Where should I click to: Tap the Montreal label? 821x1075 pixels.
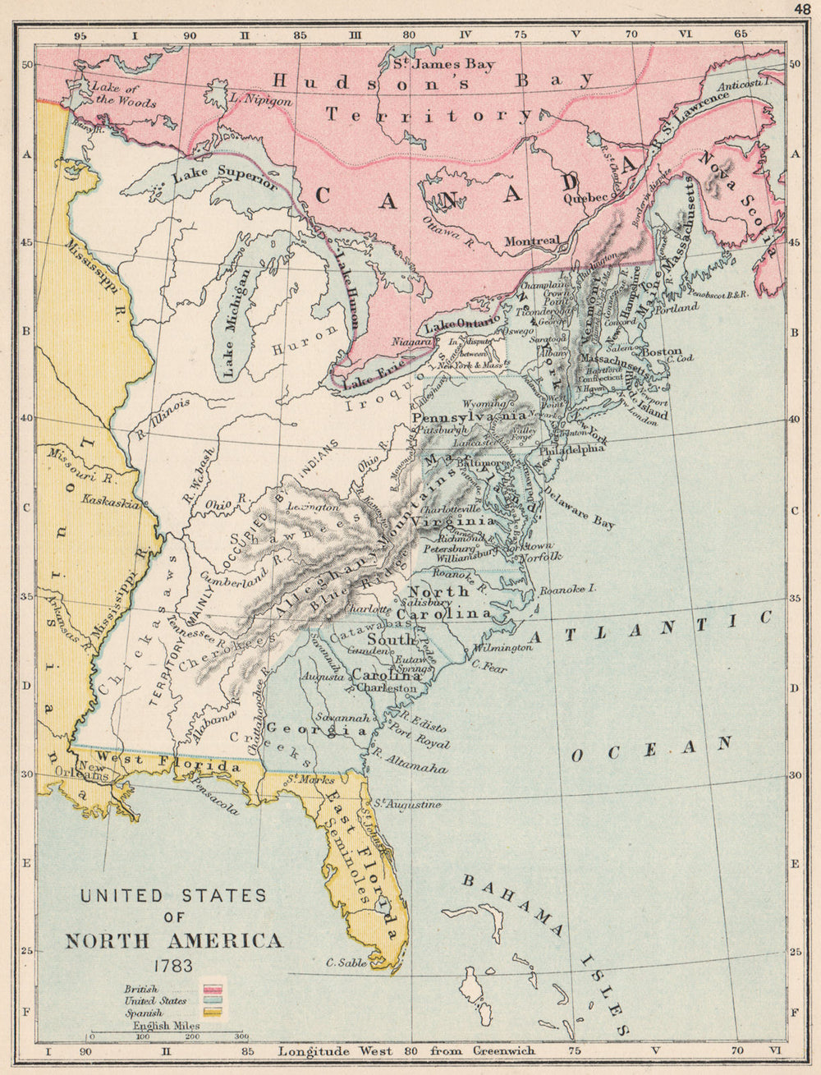click(531, 241)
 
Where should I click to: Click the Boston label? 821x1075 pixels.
click(662, 351)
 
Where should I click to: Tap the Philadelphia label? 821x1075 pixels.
click(572, 449)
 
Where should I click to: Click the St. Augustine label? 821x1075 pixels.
click(408, 805)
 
